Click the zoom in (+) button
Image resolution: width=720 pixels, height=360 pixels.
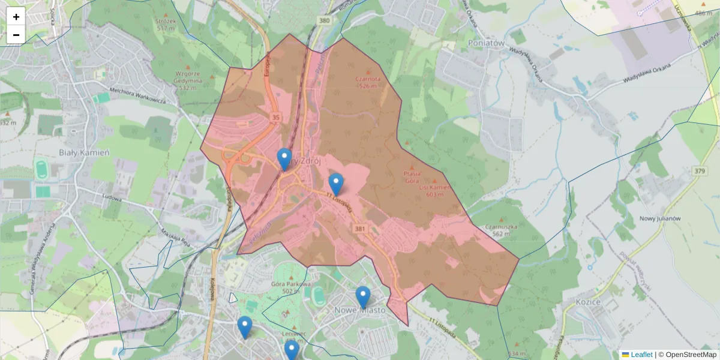tap(16, 17)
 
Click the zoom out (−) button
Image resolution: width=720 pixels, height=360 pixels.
tap(16, 35)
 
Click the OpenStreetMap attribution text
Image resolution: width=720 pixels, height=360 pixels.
tap(691, 355)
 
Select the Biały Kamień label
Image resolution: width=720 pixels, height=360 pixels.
tap(84, 152)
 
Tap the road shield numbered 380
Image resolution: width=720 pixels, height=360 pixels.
tap(325, 21)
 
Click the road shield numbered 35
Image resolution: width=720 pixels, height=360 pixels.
tap(275, 116)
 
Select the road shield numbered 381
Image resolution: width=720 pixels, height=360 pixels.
tap(360, 229)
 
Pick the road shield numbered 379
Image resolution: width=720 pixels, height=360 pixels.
tap(699, 172)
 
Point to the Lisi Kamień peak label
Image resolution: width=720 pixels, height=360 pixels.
tap(435, 190)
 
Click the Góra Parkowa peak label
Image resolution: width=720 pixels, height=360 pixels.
tap(290, 287)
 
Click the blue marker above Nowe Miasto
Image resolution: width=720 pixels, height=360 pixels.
tap(362, 296)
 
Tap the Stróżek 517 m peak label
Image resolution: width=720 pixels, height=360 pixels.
tap(166, 25)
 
